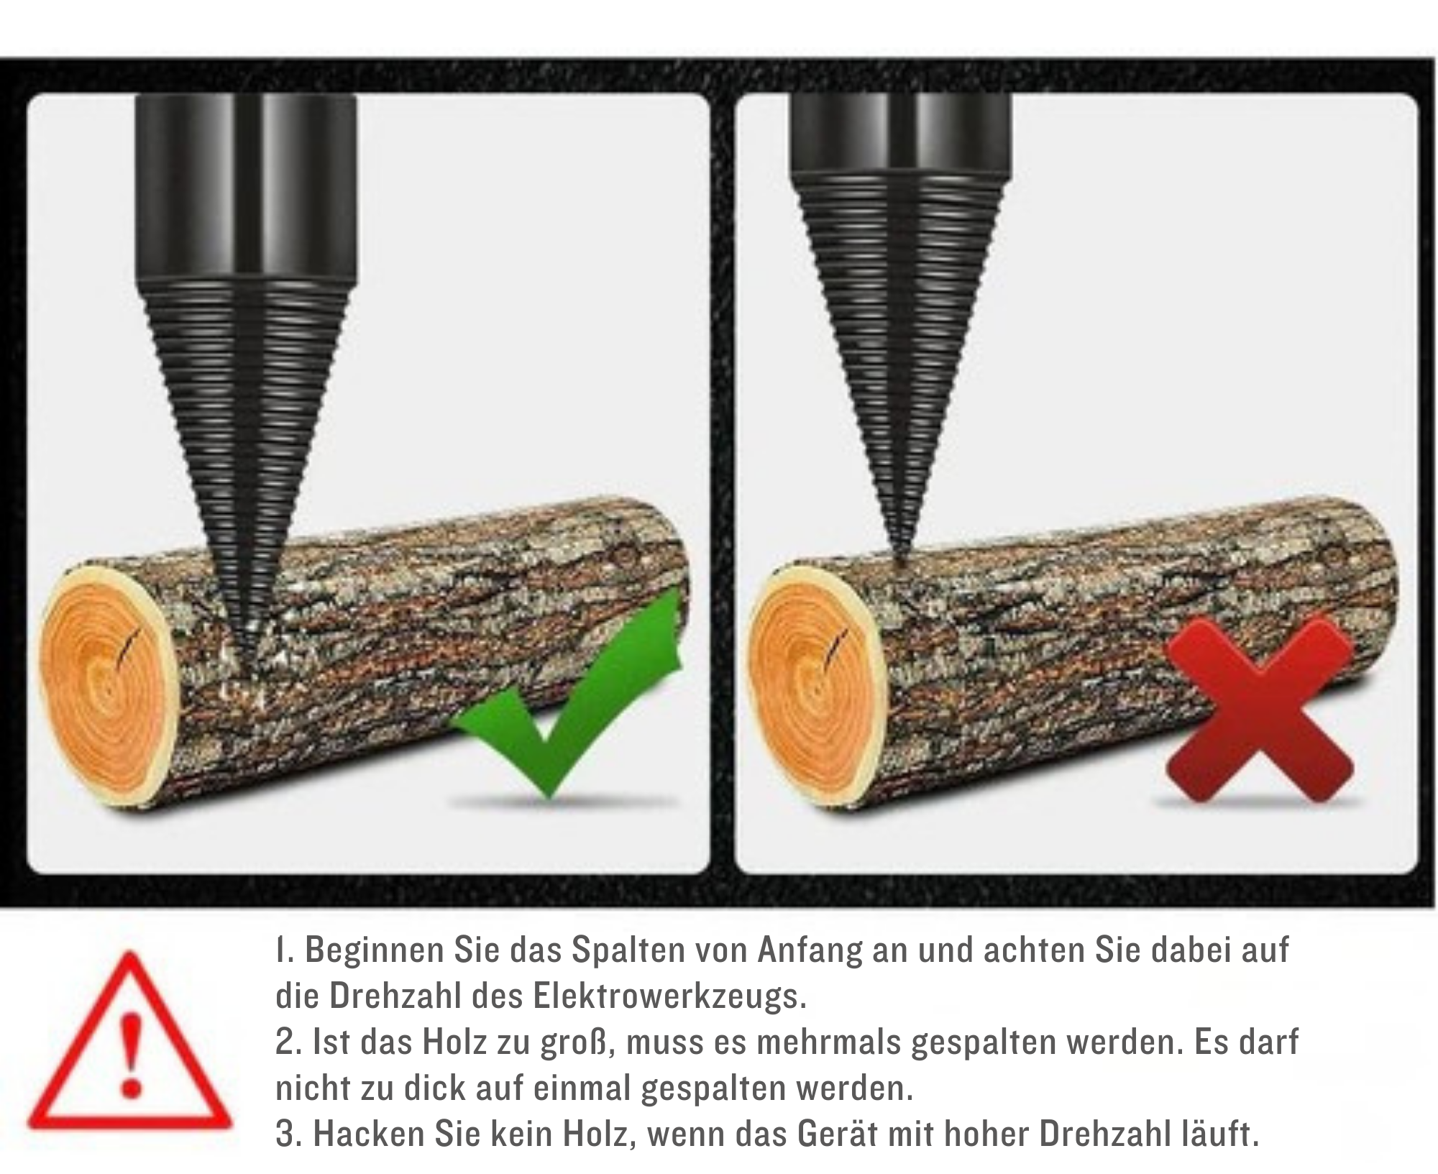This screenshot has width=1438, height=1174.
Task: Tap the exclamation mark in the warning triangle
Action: click(x=130, y=1057)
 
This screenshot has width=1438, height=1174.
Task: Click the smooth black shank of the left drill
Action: click(x=245, y=187)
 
